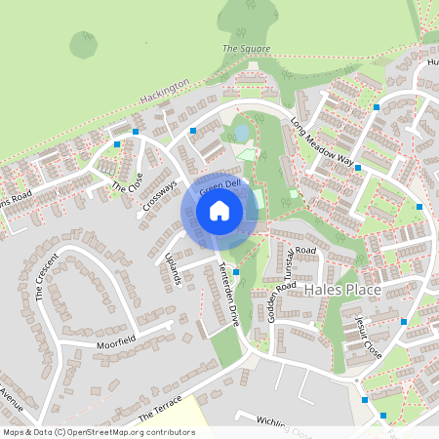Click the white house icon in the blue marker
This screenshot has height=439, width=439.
[x=219, y=209]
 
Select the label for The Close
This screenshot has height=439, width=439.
[x=127, y=180]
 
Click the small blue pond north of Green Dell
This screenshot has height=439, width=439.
[x=241, y=132]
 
